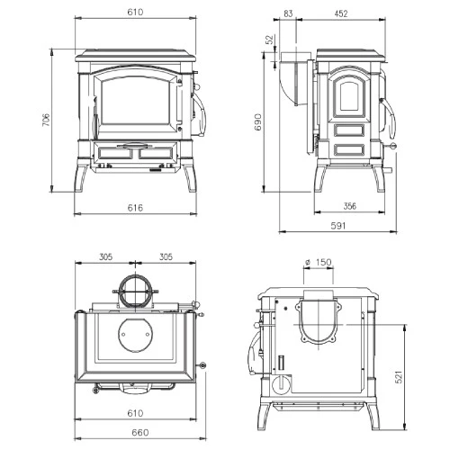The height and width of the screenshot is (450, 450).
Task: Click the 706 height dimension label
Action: pos(47,120)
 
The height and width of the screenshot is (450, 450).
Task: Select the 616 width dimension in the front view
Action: pos(135,208)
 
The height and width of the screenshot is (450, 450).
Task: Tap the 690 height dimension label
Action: pos(258,122)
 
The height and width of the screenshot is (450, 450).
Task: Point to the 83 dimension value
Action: pos(288,13)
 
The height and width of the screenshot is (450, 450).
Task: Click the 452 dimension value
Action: pos(341,13)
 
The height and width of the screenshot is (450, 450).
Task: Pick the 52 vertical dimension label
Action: pos(270,40)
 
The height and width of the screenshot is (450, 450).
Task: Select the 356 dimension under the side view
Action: pos(350,206)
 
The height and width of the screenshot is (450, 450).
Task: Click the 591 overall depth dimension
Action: pos(338,226)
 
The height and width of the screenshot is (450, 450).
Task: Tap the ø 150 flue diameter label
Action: pos(319,262)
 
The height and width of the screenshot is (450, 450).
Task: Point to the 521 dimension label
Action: pos(399,377)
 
